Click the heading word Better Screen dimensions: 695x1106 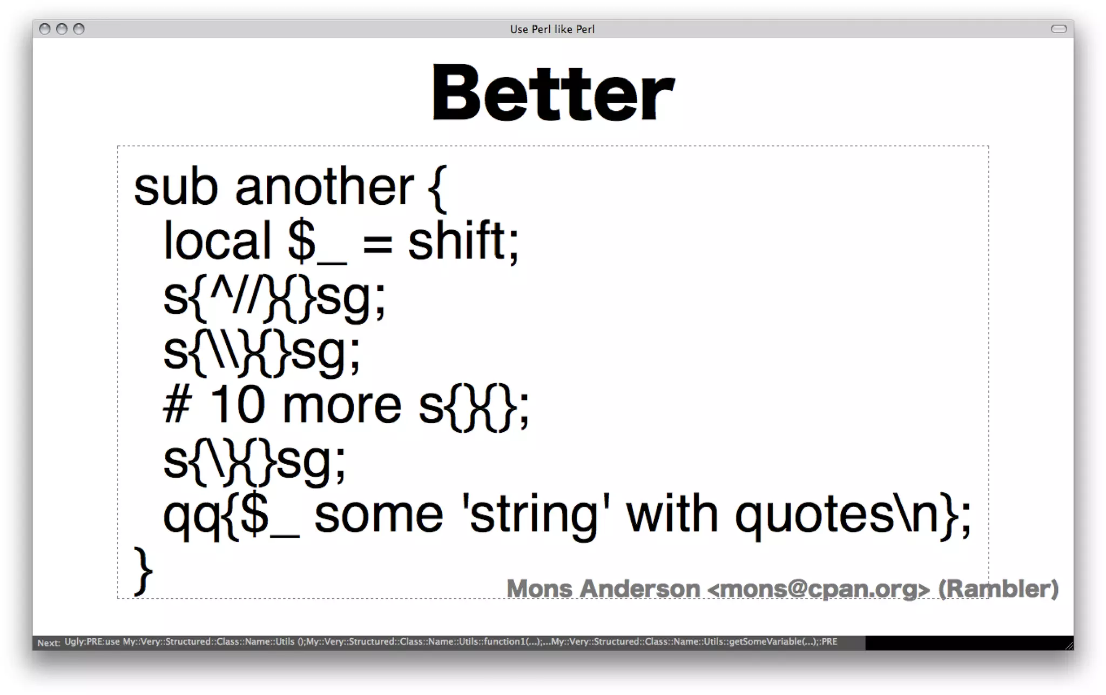(553, 93)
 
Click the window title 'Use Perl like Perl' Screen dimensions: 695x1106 (552, 29)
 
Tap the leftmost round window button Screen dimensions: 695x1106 (45, 29)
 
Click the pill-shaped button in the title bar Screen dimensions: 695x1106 (1058, 29)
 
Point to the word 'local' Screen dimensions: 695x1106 (217, 241)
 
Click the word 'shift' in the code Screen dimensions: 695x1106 (457, 241)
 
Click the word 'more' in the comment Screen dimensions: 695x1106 (342, 406)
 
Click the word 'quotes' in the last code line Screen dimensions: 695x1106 (814, 516)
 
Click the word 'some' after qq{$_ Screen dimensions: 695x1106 (379, 516)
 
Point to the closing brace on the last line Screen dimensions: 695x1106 (143, 571)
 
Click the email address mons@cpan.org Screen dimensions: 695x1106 (819, 589)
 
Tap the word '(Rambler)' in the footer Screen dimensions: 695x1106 (998, 589)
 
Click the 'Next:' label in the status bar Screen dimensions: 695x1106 (49, 643)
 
